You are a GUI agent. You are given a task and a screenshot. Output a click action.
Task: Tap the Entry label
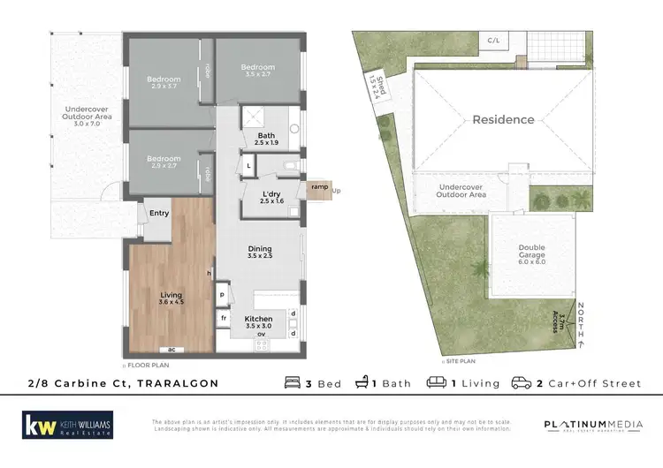[159, 213]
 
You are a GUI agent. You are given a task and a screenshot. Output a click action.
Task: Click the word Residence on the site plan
[503, 119]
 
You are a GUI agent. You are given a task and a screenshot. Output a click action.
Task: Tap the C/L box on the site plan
[492, 41]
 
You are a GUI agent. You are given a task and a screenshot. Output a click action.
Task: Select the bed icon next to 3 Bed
[293, 383]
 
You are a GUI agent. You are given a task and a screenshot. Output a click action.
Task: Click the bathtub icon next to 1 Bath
[362, 383]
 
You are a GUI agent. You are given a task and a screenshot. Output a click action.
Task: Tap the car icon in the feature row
[518, 383]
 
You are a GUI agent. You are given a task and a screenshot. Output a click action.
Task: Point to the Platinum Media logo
[593, 426]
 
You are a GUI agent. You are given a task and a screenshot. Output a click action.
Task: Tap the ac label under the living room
[172, 350]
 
